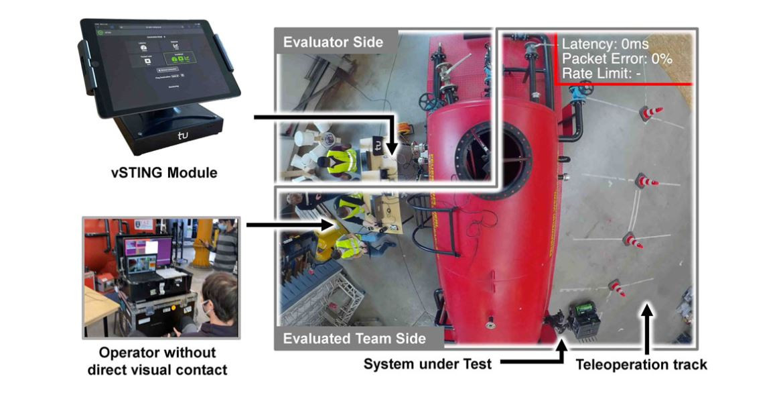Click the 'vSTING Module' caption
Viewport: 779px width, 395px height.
coord(164,172)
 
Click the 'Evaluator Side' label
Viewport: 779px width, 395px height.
coord(333,42)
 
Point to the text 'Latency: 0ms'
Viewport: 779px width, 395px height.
coord(605,44)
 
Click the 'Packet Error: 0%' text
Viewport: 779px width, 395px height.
coord(617,58)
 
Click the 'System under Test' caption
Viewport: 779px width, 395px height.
coord(428,365)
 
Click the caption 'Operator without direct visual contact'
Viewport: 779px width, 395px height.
coord(157,361)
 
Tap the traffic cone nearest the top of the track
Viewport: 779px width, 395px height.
coord(649,113)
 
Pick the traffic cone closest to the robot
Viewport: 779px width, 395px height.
coord(616,288)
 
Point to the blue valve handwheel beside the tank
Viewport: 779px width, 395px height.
coord(585,89)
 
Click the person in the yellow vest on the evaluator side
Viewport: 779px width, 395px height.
coord(341,160)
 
